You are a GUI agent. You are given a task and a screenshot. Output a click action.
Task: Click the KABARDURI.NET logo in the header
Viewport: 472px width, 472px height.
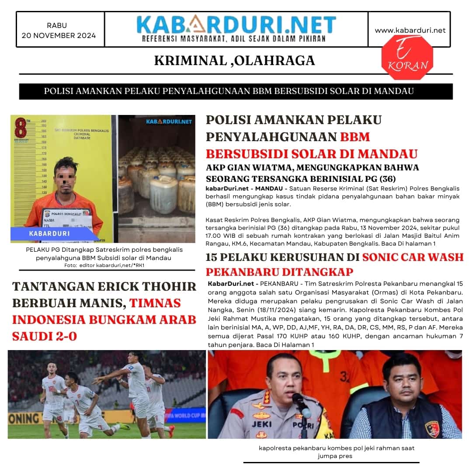pyautogui.click(x=236, y=25)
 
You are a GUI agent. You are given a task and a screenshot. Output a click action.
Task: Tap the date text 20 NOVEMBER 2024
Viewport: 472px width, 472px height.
pyautogui.click(x=59, y=36)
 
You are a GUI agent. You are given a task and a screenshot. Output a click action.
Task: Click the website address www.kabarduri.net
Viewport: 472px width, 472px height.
pyautogui.click(x=410, y=30)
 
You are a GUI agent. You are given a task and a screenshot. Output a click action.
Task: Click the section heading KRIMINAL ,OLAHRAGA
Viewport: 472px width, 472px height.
pyautogui.click(x=234, y=61)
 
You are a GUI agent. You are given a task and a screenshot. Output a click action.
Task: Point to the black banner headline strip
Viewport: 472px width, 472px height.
pyautogui.click(x=236, y=91)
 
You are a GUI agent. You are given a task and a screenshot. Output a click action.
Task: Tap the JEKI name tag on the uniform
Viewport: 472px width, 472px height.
pyautogui.click(x=261, y=424)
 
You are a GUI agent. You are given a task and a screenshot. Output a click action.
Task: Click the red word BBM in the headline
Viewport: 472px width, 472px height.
pyautogui.click(x=355, y=137)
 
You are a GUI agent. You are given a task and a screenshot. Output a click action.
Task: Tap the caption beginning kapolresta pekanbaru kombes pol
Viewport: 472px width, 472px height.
pyautogui.click(x=336, y=448)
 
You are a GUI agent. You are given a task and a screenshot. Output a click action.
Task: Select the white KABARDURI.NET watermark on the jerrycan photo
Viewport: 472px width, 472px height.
pyautogui.click(x=169, y=121)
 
